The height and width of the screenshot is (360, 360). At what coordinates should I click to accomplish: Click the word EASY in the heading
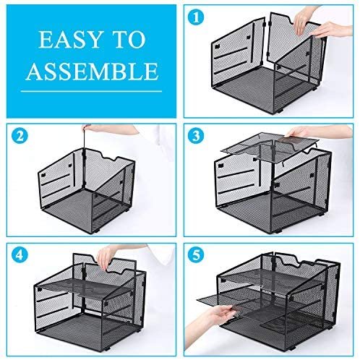pos(69,40)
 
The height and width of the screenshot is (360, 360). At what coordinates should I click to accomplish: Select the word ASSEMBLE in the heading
pos(92,72)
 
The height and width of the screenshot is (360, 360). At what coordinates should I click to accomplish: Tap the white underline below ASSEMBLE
pos(91,91)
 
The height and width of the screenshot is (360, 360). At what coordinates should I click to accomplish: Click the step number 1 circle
pos(196,17)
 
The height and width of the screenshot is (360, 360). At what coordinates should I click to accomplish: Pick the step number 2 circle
pos(20,136)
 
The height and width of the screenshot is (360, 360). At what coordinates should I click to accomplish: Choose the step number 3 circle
pos(196,136)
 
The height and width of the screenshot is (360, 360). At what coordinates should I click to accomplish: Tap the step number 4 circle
pos(20,254)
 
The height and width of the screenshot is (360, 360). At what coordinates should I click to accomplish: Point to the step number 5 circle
pos(196,254)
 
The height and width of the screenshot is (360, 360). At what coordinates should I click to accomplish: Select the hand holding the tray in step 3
pos(311,132)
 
